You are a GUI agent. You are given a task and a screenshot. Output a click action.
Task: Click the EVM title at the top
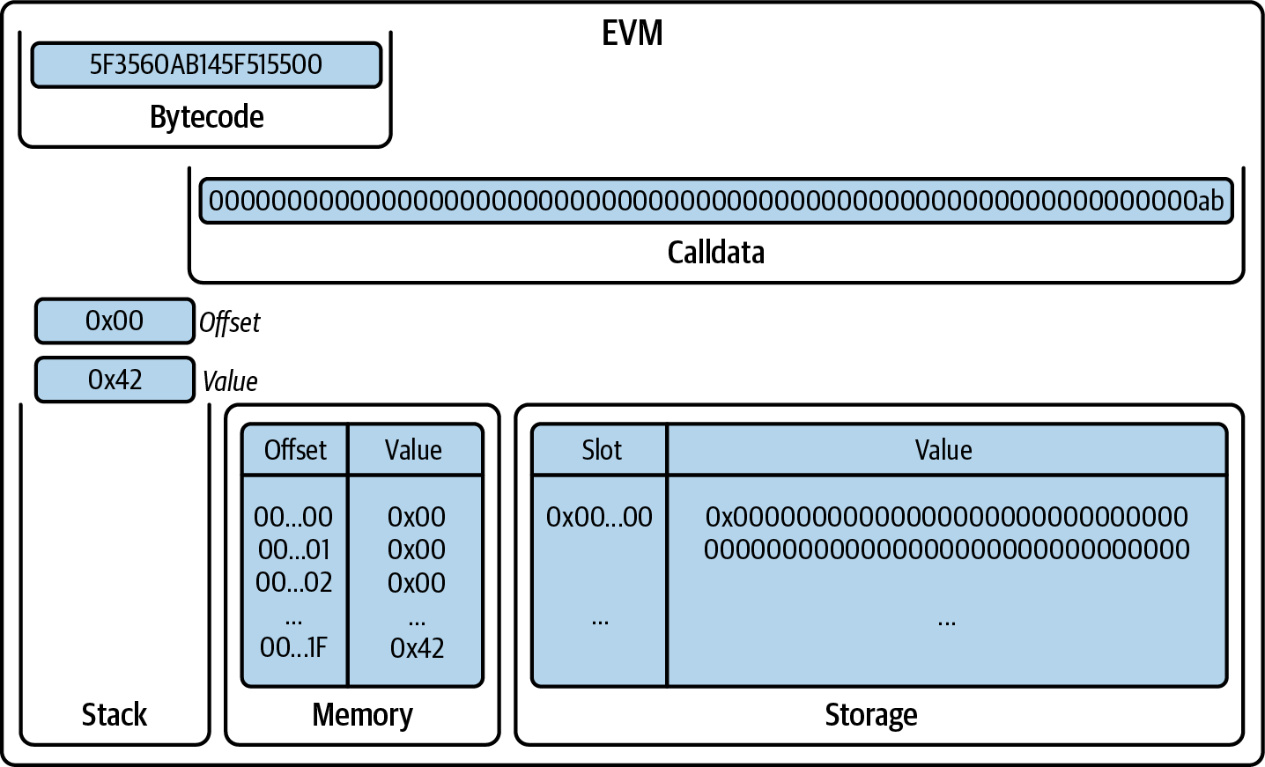coord(632,33)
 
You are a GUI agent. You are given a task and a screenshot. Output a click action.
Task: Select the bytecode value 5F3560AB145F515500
coord(206,65)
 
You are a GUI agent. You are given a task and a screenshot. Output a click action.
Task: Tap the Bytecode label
coord(206,117)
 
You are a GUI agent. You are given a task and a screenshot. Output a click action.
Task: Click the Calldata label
coord(715,253)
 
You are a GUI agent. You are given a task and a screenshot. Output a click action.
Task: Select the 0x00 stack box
coord(115,321)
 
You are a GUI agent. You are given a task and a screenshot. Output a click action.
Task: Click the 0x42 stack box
coord(115,380)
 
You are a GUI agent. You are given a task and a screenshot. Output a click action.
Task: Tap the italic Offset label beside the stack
coord(229,323)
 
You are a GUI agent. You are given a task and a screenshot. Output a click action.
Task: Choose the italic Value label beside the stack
coord(230,381)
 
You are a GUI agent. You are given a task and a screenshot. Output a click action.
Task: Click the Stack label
coord(115,714)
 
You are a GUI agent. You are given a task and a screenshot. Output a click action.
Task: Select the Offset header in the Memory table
coord(295,450)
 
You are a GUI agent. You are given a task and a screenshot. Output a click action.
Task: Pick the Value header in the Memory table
coord(413,450)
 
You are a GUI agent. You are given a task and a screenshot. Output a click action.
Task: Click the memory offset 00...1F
coord(293,648)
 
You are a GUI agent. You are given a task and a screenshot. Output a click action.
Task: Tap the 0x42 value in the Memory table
coord(417,648)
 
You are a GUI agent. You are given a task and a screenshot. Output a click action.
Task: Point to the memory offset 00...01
coord(293,549)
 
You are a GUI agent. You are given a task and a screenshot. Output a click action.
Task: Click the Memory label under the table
coord(362,714)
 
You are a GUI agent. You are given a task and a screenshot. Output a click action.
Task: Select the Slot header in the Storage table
coord(601,450)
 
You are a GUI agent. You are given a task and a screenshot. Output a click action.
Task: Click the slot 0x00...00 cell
coord(599,517)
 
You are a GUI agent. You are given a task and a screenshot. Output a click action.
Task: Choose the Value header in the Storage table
coord(943,450)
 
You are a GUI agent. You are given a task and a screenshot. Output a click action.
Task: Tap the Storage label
coord(870,714)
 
